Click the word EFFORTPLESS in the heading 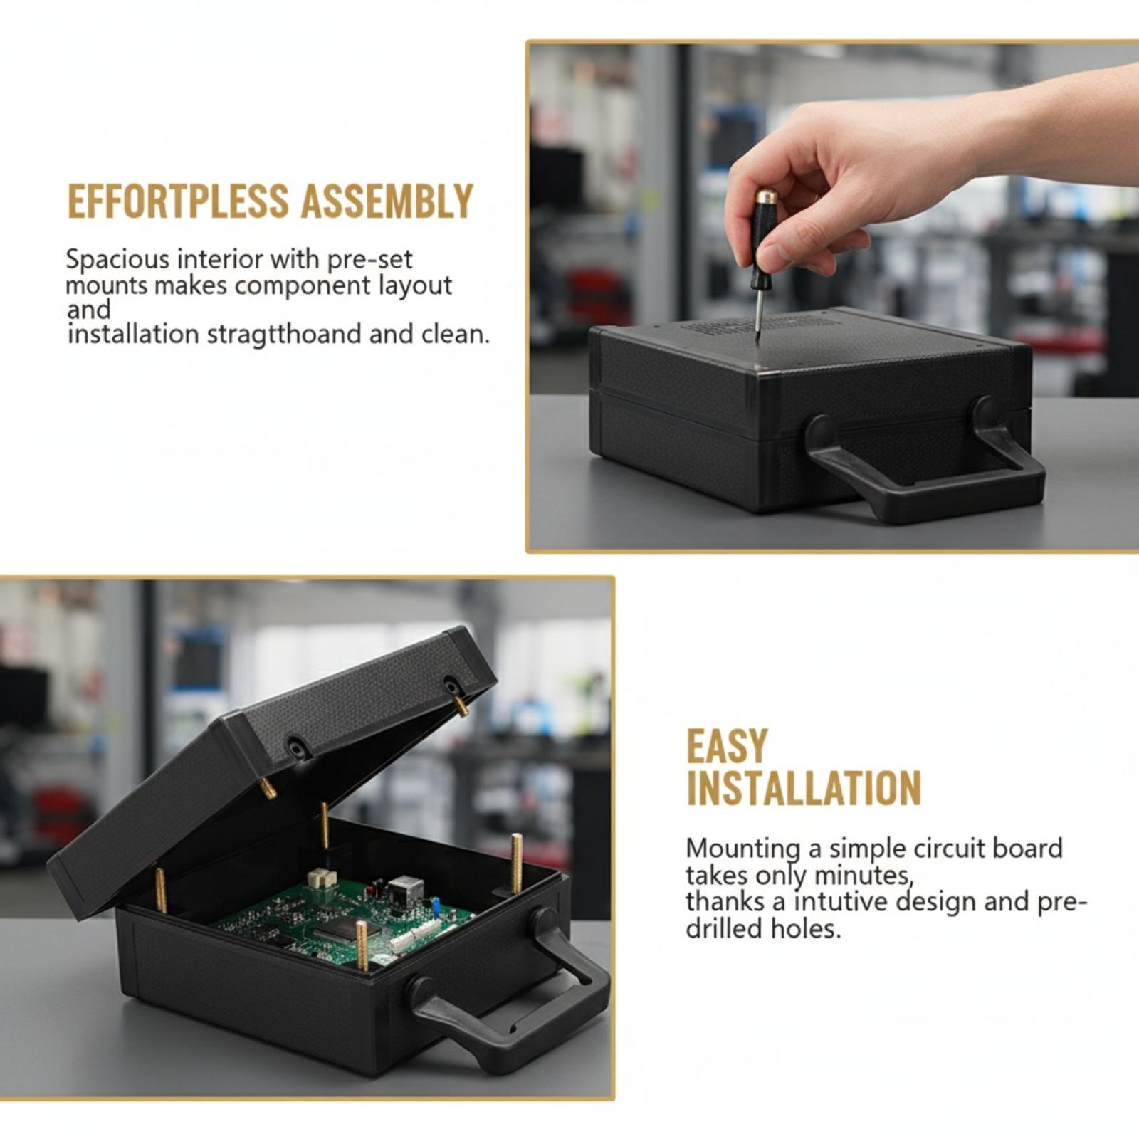click(x=178, y=201)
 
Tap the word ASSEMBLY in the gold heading click(x=387, y=201)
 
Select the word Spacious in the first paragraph click(x=117, y=260)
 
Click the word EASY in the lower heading click(x=727, y=747)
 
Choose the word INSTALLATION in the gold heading click(x=804, y=788)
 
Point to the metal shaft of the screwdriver click(x=759, y=312)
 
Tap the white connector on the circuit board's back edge click(x=322, y=878)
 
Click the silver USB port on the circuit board click(x=406, y=888)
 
